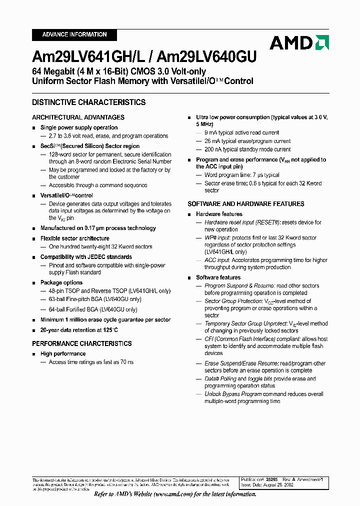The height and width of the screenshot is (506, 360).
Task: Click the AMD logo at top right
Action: (299, 42)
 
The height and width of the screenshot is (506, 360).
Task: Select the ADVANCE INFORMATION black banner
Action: (74, 34)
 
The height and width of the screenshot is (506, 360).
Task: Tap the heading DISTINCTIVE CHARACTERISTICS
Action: (89, 102)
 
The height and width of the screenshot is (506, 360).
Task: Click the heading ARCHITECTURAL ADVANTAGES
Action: (78, 117)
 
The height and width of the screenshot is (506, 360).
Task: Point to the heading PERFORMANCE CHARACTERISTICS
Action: (82, 343)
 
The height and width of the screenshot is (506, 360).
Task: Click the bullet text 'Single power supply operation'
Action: (79, 127)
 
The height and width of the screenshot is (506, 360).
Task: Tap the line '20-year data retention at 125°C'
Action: (79, 330)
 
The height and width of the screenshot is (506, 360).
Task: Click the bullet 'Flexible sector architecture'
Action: (75, 238)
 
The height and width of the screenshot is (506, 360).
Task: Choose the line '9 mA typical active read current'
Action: (242, 132)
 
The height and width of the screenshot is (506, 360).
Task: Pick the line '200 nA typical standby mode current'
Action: (247, 149)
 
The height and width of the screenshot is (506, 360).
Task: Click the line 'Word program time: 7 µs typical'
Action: (242, 175)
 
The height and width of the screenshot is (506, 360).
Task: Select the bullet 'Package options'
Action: (61, 282)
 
